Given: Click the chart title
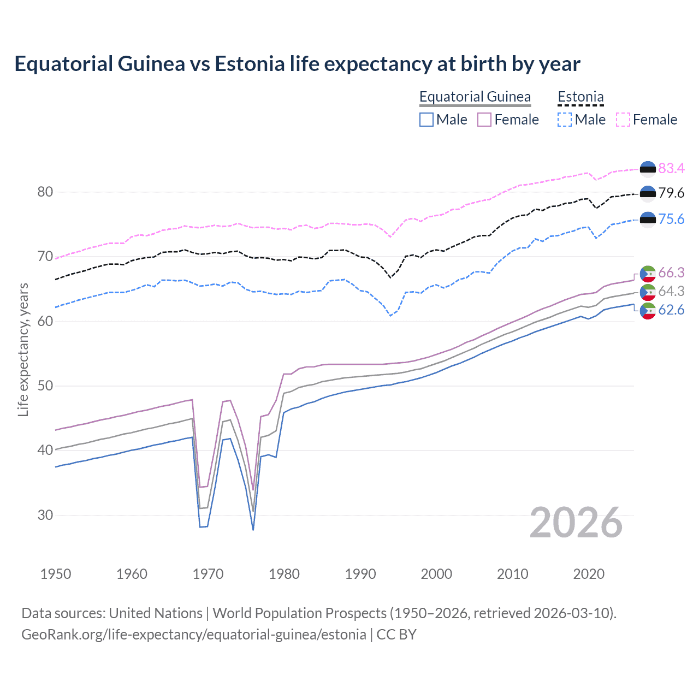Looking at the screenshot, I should click(297, 64).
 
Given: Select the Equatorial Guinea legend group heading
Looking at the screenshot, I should click(475, 97).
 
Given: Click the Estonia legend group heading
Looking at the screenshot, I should click(580, 97).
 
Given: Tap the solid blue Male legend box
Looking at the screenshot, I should click(426, 120).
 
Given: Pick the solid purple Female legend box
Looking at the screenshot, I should click(484, 120).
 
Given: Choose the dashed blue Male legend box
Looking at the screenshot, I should click(565, 120).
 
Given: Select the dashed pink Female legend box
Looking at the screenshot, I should click(623, 120).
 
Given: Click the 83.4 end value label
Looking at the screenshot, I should click(671, 168).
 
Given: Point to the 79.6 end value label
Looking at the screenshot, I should click(671, 193).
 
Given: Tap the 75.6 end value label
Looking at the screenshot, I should click(671, 219).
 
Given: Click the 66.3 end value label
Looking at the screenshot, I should click(671, 273).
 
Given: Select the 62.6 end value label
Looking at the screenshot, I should click(671, 310).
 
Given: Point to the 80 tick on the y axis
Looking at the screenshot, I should click(45, 192).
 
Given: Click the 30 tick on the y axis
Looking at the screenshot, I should click(45, 515).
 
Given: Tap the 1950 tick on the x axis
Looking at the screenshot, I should click(56, 574).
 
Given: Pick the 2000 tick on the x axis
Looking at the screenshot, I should click(436, 574).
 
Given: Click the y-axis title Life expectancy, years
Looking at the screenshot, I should click(23, 349).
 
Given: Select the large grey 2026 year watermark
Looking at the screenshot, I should click(576, 523).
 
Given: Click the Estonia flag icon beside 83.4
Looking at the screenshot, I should click(648, 169).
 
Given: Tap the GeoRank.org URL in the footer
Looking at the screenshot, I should click(194, 635).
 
